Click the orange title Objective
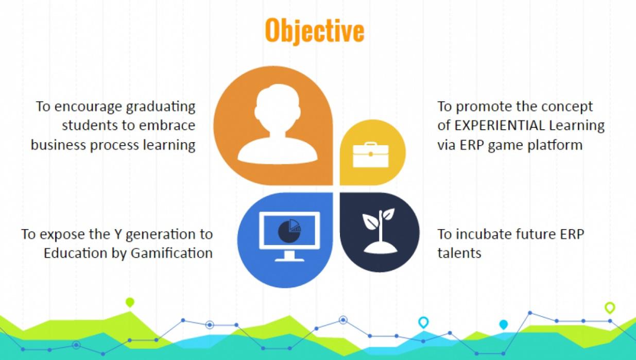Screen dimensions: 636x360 click(x=315, y=31)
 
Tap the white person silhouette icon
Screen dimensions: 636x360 click(x=278, y=124)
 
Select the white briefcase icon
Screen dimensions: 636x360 click(x=370, y=155)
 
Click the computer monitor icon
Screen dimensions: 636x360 click(x=289, y=236)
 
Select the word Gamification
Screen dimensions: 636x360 click(x=171, y=253)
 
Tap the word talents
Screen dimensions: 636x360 click(x=459, y=253)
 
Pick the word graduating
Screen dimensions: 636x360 click(x=161, y=107)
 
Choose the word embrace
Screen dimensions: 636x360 click(x=167, y=125)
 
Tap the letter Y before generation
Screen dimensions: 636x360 click(x=118, y=234)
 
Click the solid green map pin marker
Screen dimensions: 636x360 click(x=130, y=302)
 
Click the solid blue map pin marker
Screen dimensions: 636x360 click(x=504, y=324)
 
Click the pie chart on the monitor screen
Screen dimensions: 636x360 click(x=289, y=231)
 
